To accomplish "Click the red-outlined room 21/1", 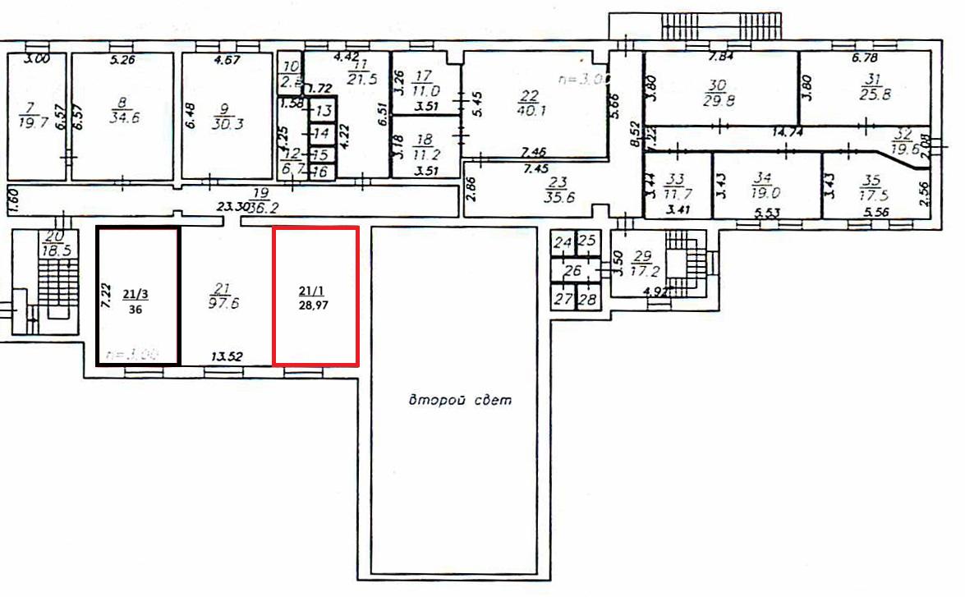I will tap(315, 296).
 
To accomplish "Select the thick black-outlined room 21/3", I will tap(137, 296).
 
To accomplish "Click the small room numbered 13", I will tap(323, 111).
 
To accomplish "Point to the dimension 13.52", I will tap(226, 357).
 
